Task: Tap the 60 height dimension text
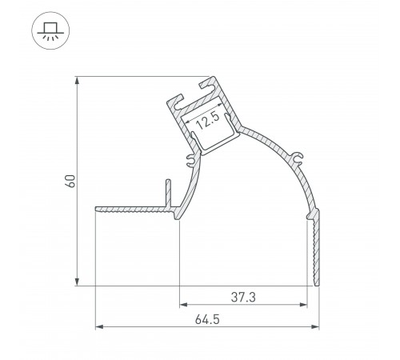click(x=70, y=181)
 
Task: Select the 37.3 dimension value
click(x=243, y=297)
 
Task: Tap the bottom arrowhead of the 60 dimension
click(x=77, y=281)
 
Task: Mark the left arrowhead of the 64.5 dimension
click(x=100, y=326)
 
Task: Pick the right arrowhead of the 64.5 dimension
click(x=313, y=326)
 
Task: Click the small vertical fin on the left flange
click(x=167, y=192)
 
